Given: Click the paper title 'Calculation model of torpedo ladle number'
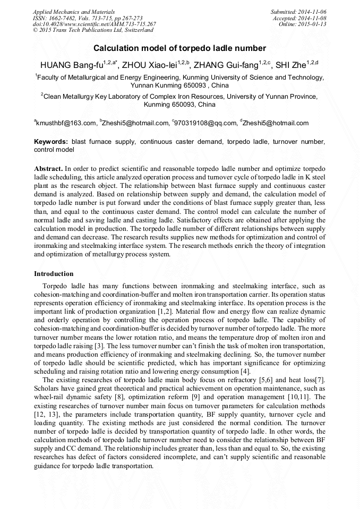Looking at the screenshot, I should click(x=179, y=48).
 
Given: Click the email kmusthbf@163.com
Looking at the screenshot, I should click(x=67, y=123).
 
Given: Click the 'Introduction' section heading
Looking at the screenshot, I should click(x=54, y=274).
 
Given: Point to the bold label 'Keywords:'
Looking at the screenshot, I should click(x=51, y=142).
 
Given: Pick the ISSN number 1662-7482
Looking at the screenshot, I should click(x=63, y=18).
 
